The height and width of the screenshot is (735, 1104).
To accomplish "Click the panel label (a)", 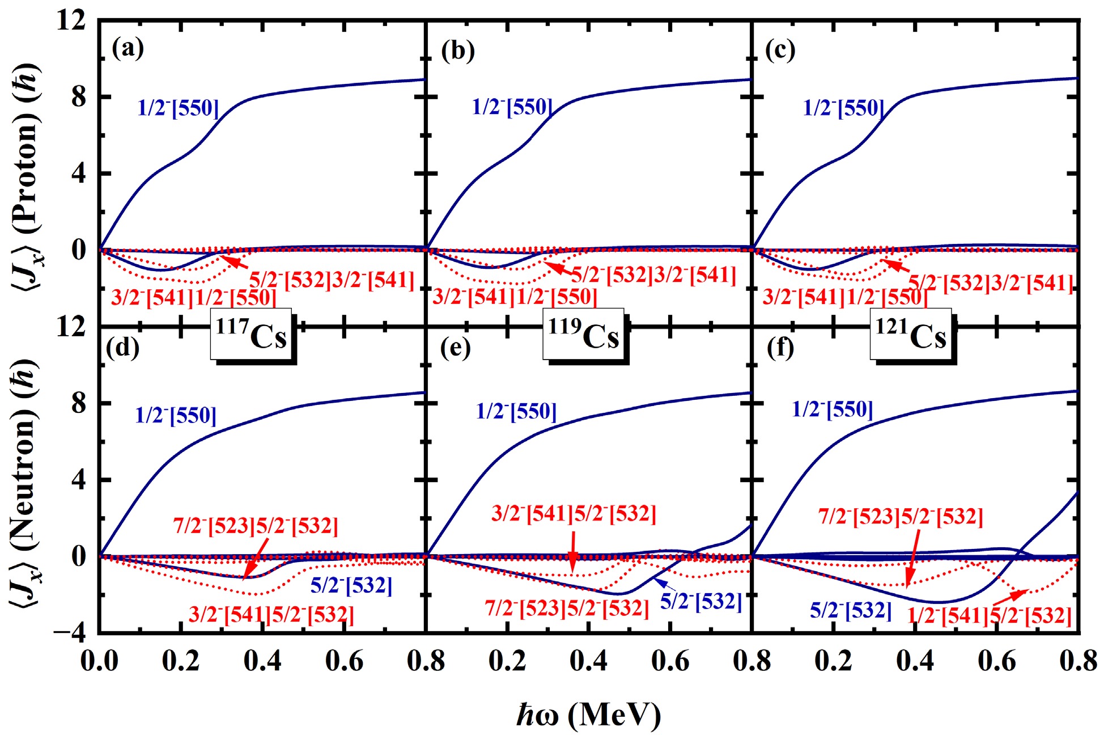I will [128, 49].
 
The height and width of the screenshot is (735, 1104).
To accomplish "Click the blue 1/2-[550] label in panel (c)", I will [843, 108].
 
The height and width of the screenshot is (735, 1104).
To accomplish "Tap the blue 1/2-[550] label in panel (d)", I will [176, 416].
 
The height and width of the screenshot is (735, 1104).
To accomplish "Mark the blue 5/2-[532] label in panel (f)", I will [850, 610].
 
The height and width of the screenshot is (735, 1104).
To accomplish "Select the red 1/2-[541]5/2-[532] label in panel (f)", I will [990, 616].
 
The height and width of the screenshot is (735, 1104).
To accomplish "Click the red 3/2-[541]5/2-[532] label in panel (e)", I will [574, 514].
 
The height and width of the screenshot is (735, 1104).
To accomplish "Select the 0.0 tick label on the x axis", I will [99, 661].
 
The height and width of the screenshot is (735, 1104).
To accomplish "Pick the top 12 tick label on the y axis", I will [71, 22].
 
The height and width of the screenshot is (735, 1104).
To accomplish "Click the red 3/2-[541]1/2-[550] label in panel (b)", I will [515, 297].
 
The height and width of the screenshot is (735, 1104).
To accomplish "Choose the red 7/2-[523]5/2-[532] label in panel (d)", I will [256, 526].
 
